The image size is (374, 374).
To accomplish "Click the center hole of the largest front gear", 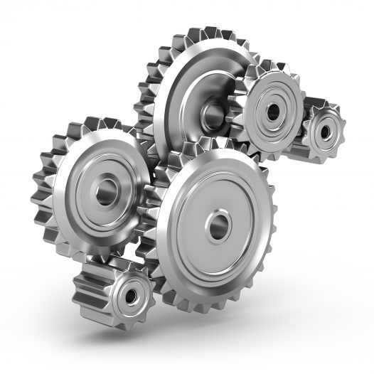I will [x=216, y=227].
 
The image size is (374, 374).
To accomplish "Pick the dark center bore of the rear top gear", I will [x=212, y=114].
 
